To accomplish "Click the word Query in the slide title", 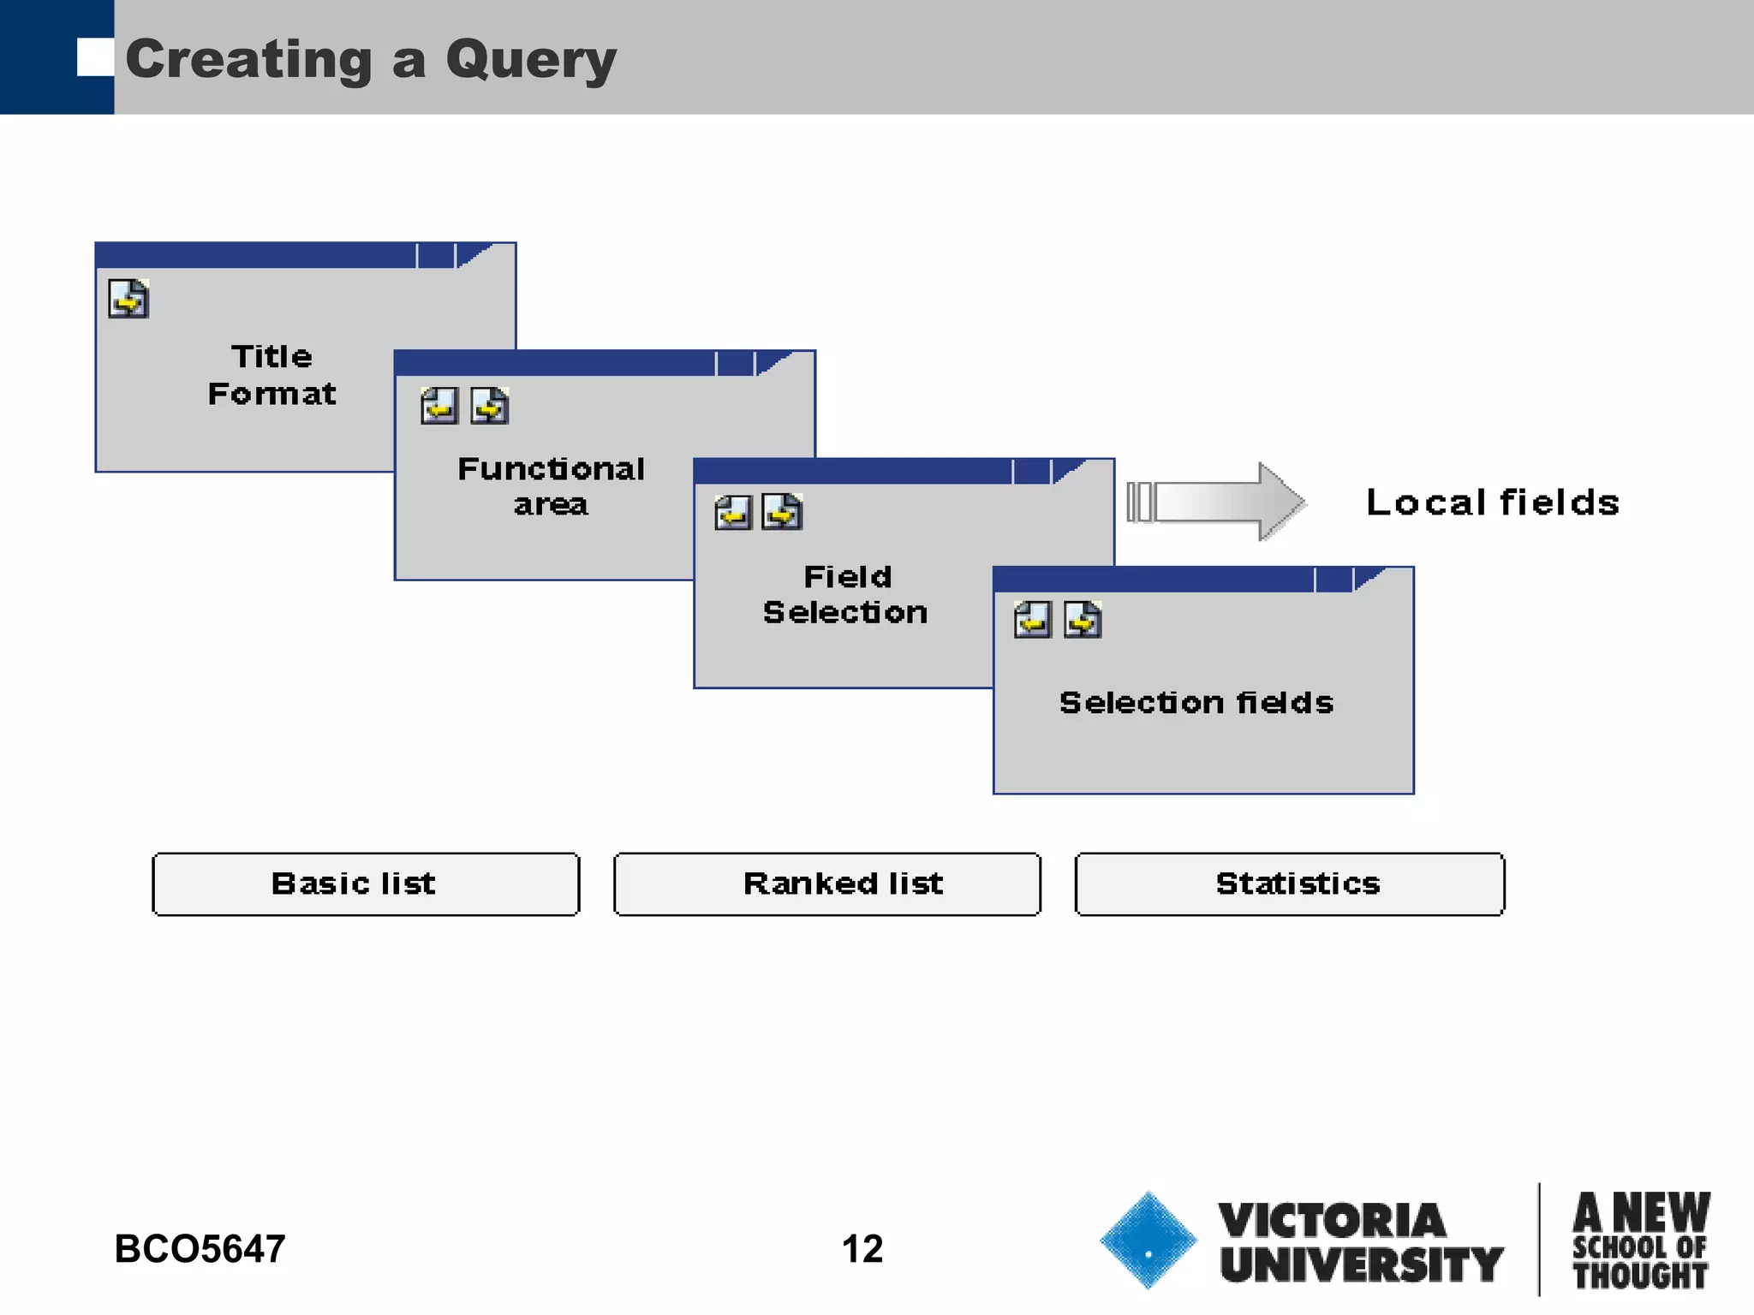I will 530,60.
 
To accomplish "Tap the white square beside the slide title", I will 94,57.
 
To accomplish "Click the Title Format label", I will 272,375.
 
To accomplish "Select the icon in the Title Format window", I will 128,299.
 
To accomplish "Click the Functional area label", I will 551,486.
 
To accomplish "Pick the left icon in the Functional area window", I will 439,406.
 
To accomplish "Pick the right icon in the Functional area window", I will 490,406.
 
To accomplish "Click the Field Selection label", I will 846,594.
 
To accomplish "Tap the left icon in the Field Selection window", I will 733,513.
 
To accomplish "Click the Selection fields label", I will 1196,703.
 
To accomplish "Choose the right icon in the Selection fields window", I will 1083,620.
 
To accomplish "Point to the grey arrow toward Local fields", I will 1216,502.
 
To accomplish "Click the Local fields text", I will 1492,503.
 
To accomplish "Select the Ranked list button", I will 827,884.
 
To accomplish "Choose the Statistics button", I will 1290,884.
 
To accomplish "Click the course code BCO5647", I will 200,1248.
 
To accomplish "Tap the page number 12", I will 862,1248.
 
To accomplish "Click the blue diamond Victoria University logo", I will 1148,1240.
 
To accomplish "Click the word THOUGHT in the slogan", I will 1640,1276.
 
